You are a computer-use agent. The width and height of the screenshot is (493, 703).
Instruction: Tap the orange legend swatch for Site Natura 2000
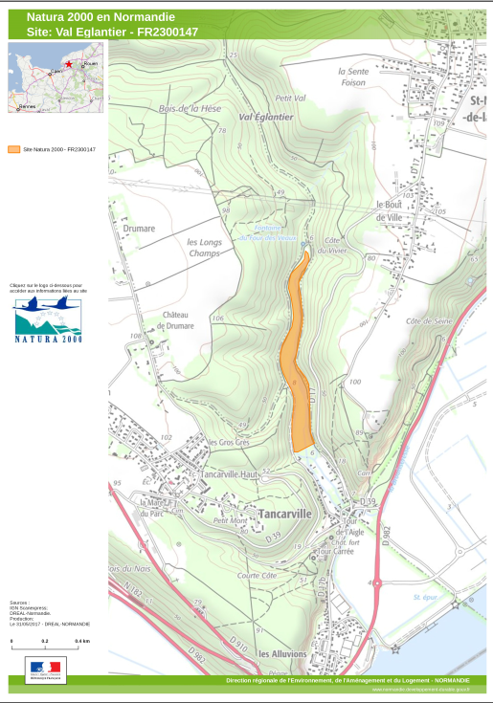(x=13, y=149)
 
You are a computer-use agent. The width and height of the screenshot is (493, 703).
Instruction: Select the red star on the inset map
(x=69, y=63)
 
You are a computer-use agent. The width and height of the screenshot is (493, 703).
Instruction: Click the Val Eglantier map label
(x=265, y=117)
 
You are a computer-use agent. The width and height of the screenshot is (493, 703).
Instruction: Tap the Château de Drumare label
(x=178, y=320)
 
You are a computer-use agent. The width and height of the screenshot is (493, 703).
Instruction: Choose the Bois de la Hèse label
(x=190, y=108)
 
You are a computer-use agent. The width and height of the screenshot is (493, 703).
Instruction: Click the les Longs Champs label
(x=204, y=247)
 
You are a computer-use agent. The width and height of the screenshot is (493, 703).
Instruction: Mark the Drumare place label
(x=139, y=229)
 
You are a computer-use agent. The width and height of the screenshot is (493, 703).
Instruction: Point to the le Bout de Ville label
(x=392, y=210)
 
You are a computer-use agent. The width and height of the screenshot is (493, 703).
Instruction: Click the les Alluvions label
(x=282, y=654)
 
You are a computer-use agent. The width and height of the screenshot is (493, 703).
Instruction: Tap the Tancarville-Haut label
(x=231, y=474)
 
